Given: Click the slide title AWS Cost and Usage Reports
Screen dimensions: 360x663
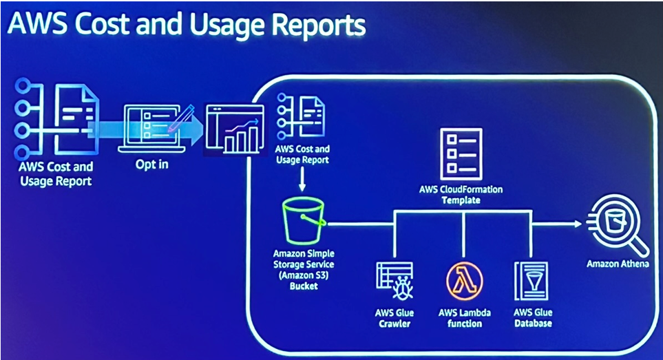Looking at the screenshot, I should pyautogui.click(x=186, y=25).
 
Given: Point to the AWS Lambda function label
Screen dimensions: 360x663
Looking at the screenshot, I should pyautogui.click(x=465, y=317).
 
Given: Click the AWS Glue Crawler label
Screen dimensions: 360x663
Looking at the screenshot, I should pyautogui.click(x=394, y=317).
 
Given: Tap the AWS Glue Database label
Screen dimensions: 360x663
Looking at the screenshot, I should pyautogui.click(x=532, y=317).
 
